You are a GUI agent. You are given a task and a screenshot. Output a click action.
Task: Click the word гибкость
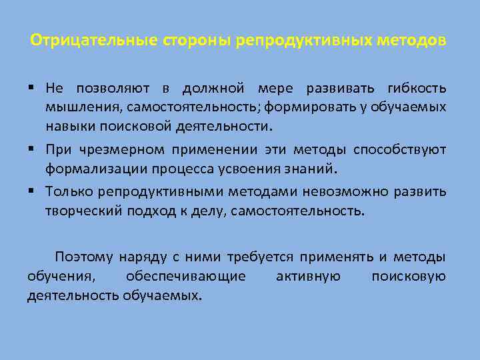[419, 89]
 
